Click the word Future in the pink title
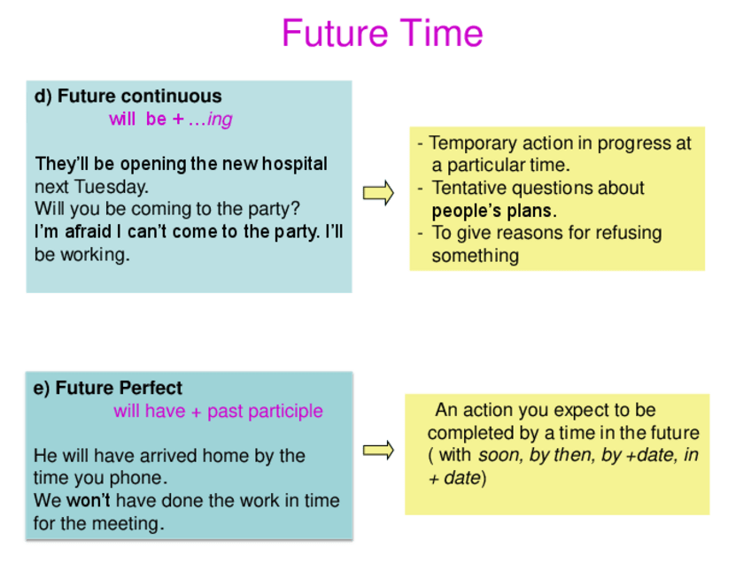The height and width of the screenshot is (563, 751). (x=334, y=33)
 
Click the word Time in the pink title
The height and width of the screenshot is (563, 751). (x=441, y=33)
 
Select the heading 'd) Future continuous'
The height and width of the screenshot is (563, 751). (x=128, y=96)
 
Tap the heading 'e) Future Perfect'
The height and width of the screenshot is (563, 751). (x=108, y=388)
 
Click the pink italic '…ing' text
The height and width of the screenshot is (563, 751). (x=210, y=120)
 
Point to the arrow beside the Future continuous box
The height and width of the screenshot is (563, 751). (x=378, y=193)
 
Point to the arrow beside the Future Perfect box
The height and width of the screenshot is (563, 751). (x=378, y=450)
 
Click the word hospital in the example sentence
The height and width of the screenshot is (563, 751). (x=295, y=165)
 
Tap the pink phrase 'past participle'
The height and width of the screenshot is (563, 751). (x=266, y=412)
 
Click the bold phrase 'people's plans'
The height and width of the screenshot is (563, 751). (x=494, y=211)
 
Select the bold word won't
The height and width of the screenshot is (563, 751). (x=89, y=501)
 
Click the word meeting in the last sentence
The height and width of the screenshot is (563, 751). (x=128, y=524)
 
